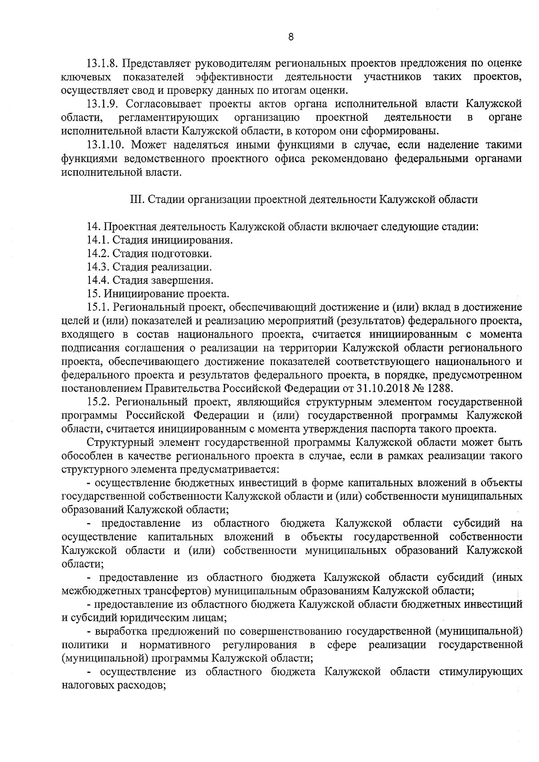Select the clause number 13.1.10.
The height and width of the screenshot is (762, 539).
click(105, 145)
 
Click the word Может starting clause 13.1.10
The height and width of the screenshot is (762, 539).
click(148, 145)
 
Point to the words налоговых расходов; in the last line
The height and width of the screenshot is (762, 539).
click(114, 686)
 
